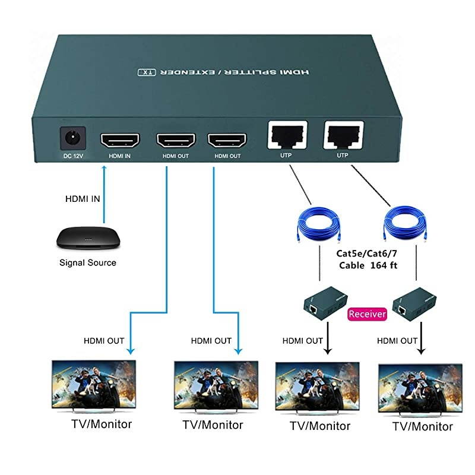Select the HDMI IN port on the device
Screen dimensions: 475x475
coord(120,141)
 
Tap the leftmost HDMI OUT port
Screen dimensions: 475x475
coord(176,141)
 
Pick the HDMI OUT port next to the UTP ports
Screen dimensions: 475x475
coord(227,141)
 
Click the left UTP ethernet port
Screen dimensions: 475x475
coord(289,135)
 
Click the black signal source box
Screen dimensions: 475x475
coord(87,237)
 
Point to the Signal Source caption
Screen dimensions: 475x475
coord(88,262)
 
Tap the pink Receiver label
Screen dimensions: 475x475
coord(367,313)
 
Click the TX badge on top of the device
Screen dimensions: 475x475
coord(146,72)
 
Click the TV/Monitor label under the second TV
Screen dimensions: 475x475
coord(213,425)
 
